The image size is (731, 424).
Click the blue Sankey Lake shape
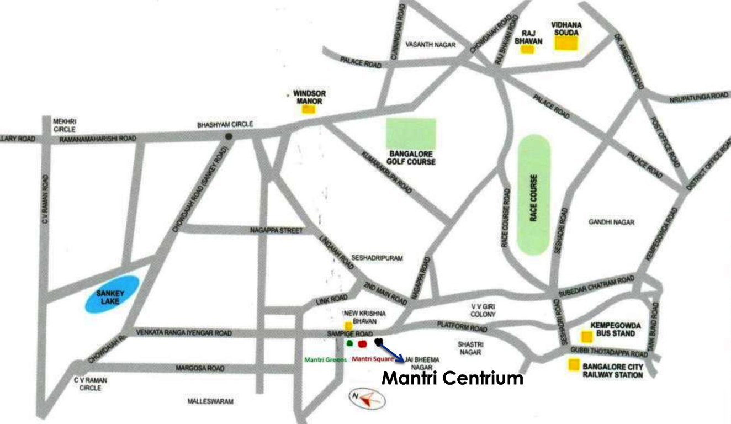112,294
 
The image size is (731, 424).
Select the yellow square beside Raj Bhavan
528,49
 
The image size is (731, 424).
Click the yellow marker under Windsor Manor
308,109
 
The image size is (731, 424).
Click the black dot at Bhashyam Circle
227,136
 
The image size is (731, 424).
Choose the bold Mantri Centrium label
453,379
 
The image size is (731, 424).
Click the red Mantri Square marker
362,344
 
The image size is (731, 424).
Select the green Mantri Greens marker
349,343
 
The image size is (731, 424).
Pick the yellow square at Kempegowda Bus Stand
584,337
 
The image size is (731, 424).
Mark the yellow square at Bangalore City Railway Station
574,365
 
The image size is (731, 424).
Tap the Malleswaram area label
210,402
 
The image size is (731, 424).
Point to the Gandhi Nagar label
611,222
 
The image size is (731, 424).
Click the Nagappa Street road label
276,230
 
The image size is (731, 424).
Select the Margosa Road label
199,368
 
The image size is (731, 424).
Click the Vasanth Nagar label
430,45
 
